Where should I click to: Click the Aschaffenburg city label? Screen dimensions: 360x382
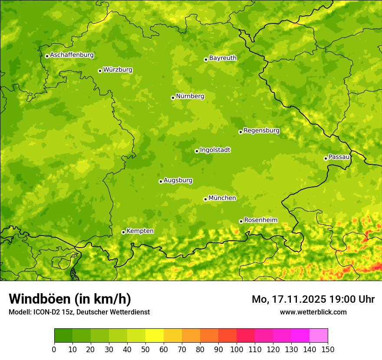pyautogui.click(x=72, y=55)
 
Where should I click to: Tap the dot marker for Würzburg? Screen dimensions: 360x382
pyautogui.click(x=100, y=71)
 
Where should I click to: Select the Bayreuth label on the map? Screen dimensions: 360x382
pyautogui.click(x=223, y=58)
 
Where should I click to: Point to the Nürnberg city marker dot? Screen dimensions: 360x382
pyautogui.click(x=173, y=98)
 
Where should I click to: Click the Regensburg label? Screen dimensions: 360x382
pyautogui.click(x=261, y=130)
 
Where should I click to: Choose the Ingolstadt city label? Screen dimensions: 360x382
pyautogui.click(x=215, y=150)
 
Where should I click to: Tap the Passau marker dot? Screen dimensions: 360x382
pyautogui.click(x=326, y=158)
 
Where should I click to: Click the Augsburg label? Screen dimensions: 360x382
pyautogui.click(x=178, y=180)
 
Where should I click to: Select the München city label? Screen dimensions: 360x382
pyautogui.click(x=222, y=198)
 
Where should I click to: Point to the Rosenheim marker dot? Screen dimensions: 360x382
pyautogui.click(x=241, y=221)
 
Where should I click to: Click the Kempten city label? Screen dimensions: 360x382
pyautogui.click(x=140, y=231)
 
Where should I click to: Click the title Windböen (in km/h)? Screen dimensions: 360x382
pyautogui.click(x=70, y=299)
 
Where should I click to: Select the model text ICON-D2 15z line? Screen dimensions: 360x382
pyautogui.click(x=79, y=312)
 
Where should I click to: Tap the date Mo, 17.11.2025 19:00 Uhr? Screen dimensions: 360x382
pyautogui.click(x=313, y=299)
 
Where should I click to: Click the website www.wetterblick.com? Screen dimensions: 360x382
pyautogui.click(x=313, y=312)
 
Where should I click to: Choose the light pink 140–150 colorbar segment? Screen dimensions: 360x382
pyautogui.click(x=319, y=336)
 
